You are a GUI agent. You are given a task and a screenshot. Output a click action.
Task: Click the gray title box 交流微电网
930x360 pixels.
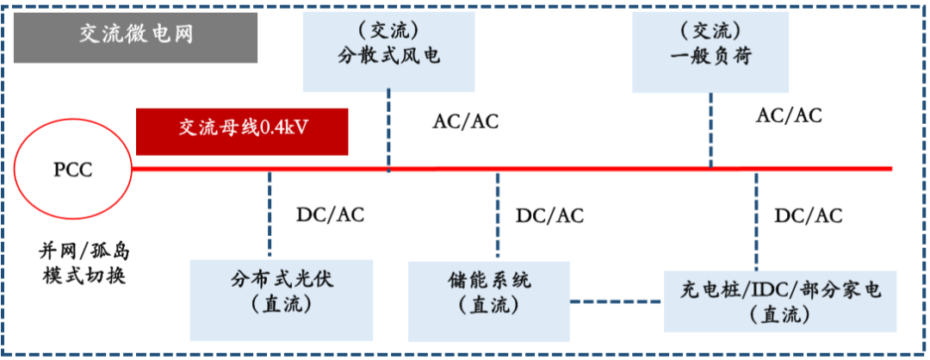point(136,35)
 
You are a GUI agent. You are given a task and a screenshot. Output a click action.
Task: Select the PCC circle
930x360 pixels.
point(72,169)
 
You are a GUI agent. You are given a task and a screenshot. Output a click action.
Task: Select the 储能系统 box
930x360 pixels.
point(489,292)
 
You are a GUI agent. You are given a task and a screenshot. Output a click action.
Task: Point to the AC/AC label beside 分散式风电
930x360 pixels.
point(465,121)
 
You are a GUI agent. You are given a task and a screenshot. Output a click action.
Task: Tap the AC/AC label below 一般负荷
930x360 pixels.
point(789,115)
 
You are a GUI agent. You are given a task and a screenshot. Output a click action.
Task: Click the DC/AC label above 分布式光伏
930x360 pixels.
point(330,214)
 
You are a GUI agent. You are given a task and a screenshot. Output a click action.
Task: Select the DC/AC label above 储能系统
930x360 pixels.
point(549,215)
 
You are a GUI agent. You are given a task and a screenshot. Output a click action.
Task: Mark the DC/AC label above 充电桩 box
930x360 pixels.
point(809,215)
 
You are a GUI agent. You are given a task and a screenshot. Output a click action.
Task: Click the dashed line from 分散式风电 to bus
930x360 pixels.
point(388,129)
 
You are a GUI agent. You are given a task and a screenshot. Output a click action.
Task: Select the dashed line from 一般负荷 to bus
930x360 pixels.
point(711,129)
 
